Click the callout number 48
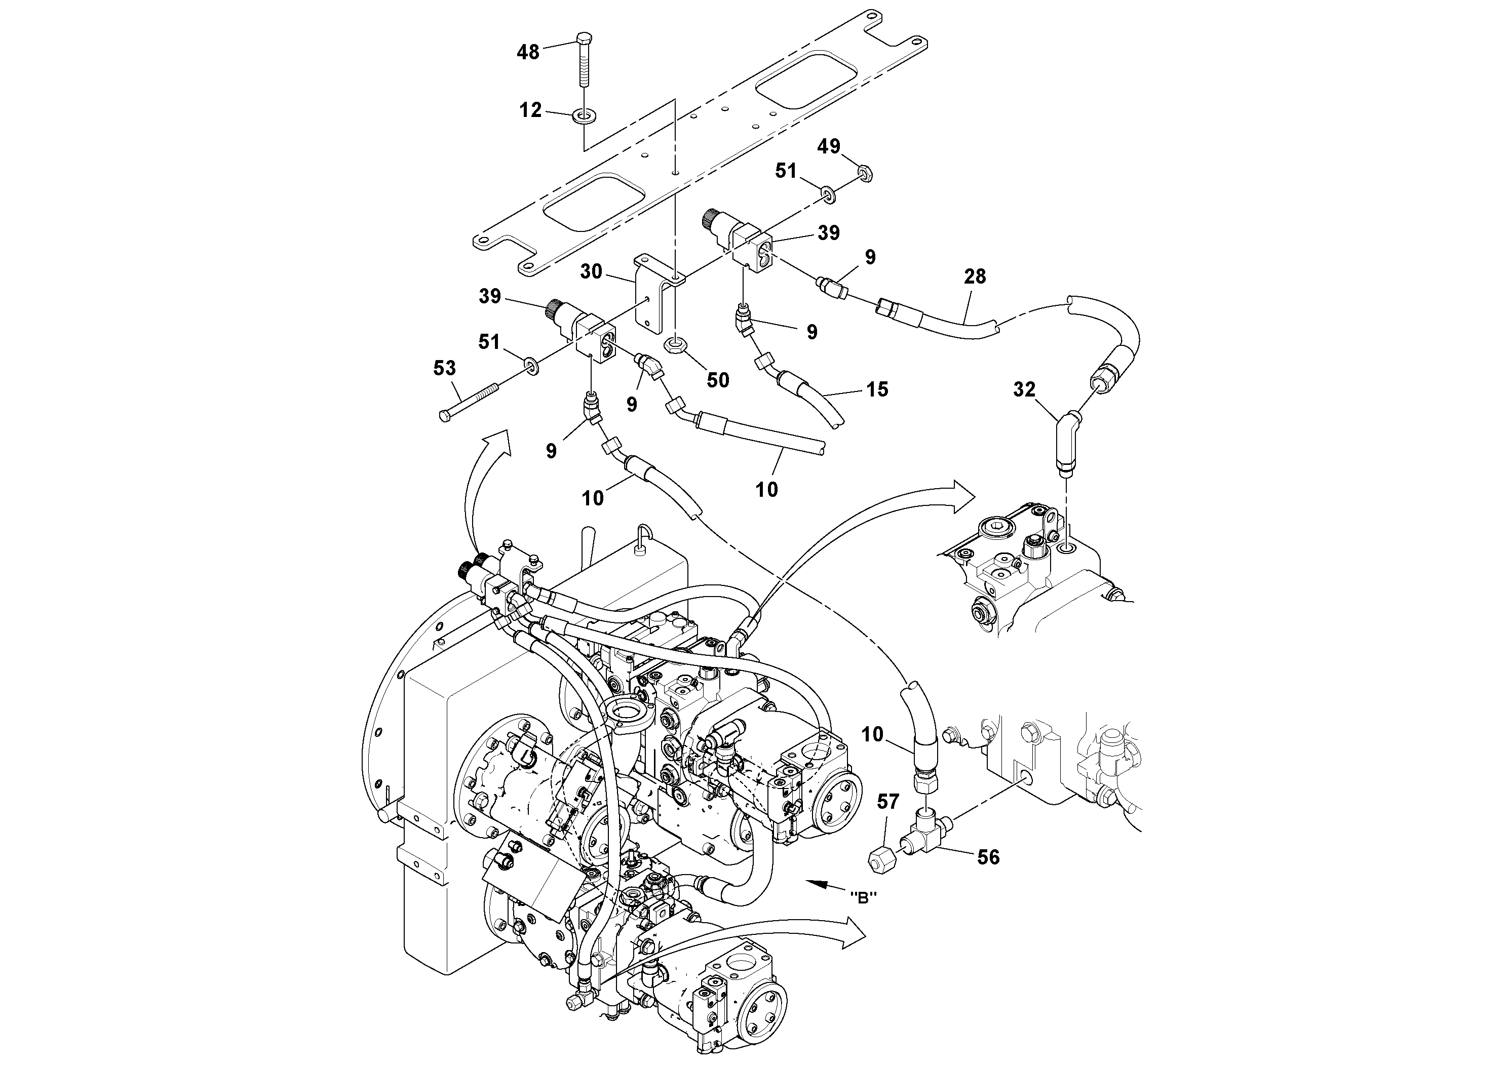528,52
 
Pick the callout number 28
975,277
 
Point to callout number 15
877,389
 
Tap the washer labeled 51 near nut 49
828,192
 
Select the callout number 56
988,857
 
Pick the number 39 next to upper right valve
829,232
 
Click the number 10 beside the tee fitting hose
872,734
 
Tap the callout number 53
445,368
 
